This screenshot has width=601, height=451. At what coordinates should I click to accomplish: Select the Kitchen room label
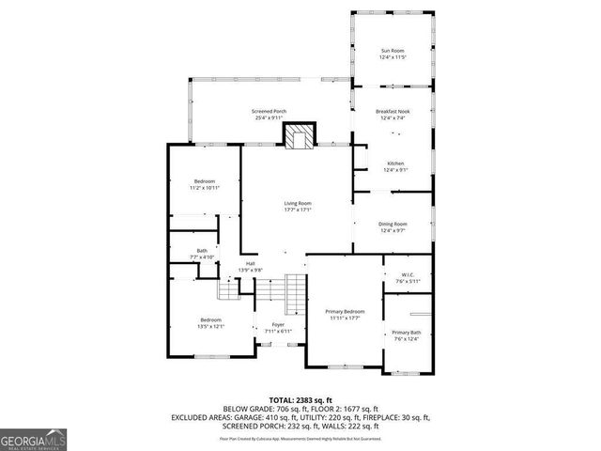coord(395,163)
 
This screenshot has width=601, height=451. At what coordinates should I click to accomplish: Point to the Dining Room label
coord(392,224)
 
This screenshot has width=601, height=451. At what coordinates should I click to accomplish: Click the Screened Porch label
coord(270,111)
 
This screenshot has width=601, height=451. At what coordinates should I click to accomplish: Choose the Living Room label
coord(299,203)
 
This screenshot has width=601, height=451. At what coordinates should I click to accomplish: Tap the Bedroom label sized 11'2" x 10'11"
coord(206,180)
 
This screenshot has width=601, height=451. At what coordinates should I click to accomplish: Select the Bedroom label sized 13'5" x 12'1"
coord(209,320)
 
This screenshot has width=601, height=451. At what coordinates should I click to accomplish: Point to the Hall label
coord(250,263)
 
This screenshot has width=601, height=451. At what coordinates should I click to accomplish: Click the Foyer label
coord(278,324)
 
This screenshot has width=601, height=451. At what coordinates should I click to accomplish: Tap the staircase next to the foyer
coord(296,292)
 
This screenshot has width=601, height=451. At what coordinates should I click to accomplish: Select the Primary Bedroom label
coord(345,311)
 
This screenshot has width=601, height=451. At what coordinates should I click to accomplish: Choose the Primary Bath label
coord(407,334)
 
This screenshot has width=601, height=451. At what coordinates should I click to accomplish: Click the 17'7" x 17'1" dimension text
coord(299,210)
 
